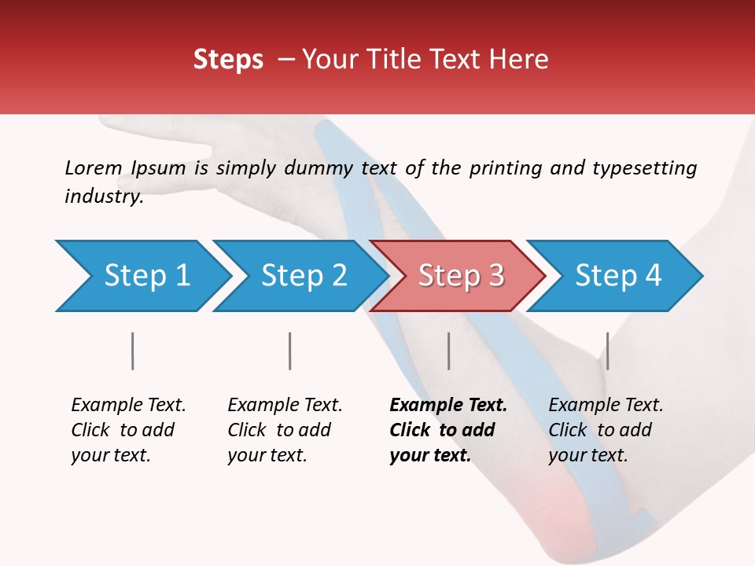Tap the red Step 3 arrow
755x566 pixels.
pos(460,276)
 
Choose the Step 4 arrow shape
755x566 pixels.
pos(617,276)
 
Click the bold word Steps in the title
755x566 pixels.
pos(228,60)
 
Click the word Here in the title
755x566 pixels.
pos(518,60)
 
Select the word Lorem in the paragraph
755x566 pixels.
pos(93,167)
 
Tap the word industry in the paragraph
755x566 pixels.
pos(103,197)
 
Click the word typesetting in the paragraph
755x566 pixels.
pos(644,168)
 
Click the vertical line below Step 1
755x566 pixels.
pos(133,351)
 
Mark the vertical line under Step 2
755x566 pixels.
pos(290,351)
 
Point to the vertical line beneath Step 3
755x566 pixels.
pos(449,351)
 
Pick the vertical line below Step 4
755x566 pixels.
pos(607,351)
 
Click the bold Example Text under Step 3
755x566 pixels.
pos(448,406)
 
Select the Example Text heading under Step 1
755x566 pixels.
pos(128,406)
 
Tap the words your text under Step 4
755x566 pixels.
pos(587,455)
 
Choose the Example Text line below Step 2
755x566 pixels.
pos(285,406)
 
